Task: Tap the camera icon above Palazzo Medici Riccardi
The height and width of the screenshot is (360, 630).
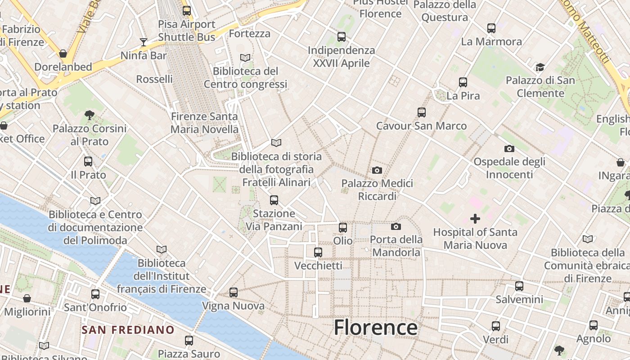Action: coord(377,170)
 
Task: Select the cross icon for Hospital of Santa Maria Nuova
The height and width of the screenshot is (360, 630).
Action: coord(475,219)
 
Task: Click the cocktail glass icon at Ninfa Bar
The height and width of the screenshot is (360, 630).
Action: coord(144,42)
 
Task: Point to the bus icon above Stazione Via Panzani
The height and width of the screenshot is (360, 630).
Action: coord(274,200)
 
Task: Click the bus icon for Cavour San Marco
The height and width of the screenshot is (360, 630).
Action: coord(421,112)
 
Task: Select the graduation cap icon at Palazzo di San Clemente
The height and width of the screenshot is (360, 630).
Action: coord(540,67)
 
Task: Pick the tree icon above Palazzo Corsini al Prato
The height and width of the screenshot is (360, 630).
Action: coord(89,115)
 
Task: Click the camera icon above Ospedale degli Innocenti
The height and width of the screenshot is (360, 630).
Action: coord(509,148)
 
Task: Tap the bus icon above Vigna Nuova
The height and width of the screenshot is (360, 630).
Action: coord(233,292)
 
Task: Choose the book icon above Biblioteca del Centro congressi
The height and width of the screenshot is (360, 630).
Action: coord(245,58)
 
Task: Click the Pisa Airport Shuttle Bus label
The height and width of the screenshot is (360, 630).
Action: coord(186,30)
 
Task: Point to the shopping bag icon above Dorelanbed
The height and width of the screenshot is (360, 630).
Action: coord(63,54)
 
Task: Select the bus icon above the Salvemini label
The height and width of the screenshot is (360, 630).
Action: coord(519,286)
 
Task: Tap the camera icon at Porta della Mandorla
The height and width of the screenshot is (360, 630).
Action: coord(396,226)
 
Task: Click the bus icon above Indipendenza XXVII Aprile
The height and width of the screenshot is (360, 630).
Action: coord(342,37)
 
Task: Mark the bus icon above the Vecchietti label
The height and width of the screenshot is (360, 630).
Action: coord(318,252)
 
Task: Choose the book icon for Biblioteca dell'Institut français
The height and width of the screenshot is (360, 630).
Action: coord(162,249)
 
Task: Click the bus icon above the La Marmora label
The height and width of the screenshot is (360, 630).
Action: coord(491,28)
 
